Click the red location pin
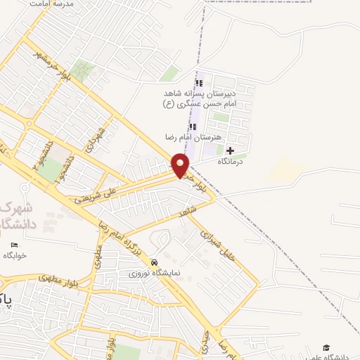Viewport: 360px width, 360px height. (x=181, y=165)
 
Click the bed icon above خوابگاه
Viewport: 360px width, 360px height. (x=15, y=245)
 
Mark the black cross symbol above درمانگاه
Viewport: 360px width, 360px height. (x=230, y=150)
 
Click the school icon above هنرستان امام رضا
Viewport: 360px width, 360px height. (x=193, y=127)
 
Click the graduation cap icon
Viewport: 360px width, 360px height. (x=326, y=348)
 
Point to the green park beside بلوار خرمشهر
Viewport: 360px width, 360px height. (x=82, y=71)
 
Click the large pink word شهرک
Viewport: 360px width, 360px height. (x=13, y=208)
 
